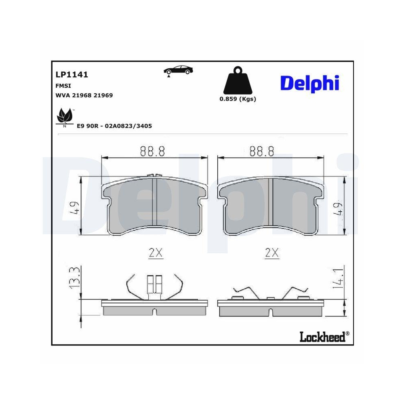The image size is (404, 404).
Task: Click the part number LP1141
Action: pyautogui.click(x=72, y=75)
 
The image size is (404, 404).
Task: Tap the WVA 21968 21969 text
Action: pyautogui.click(x=84, y=95)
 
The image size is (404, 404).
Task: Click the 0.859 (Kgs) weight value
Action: pyautogui.click(x=238, y=99)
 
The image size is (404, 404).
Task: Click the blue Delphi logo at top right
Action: pyautogui.click(x=309, y=83)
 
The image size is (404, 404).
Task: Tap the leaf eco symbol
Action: pyautogui.click(x=64, y=116)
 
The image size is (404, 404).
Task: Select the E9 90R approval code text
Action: pyautogui.click(x=114, y=126)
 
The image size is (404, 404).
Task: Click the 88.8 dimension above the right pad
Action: pyautogui.click(x=262, y=151)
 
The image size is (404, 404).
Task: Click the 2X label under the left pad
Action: pyautogui.click(x=155, y=253)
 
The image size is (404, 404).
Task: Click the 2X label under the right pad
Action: pyautogui.click(x=272, y=253)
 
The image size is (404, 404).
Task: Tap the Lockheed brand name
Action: pyautogui.click(x=322, y=336)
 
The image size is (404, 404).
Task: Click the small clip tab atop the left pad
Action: pyautogui.click(x=152, y=176)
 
